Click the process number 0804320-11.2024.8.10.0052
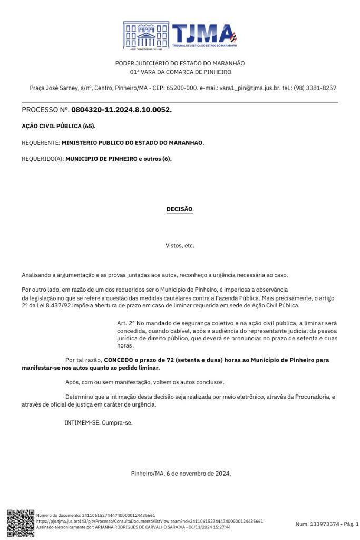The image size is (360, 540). pos(121,110)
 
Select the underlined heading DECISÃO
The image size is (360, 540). pos(180,209)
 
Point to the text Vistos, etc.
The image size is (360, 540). pos(180,246)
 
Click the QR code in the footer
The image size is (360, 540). pos(21,523)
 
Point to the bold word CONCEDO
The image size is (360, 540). pos(119,360)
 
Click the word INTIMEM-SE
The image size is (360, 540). pos(82,423)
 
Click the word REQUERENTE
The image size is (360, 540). pos(40,143)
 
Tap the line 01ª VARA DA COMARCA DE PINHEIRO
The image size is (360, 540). pos(180,72)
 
